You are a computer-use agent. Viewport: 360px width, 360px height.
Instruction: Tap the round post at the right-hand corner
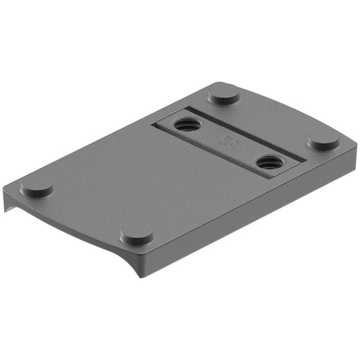(x=324, y=139)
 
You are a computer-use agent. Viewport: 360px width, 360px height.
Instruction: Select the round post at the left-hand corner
(x=36, y=186)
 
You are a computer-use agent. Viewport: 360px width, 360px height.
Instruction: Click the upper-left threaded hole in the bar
(x=184, y=124)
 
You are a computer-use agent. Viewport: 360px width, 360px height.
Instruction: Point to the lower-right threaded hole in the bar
(x=269, y=162)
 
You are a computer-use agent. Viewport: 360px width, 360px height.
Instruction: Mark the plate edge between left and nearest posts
(x=81, y=216)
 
